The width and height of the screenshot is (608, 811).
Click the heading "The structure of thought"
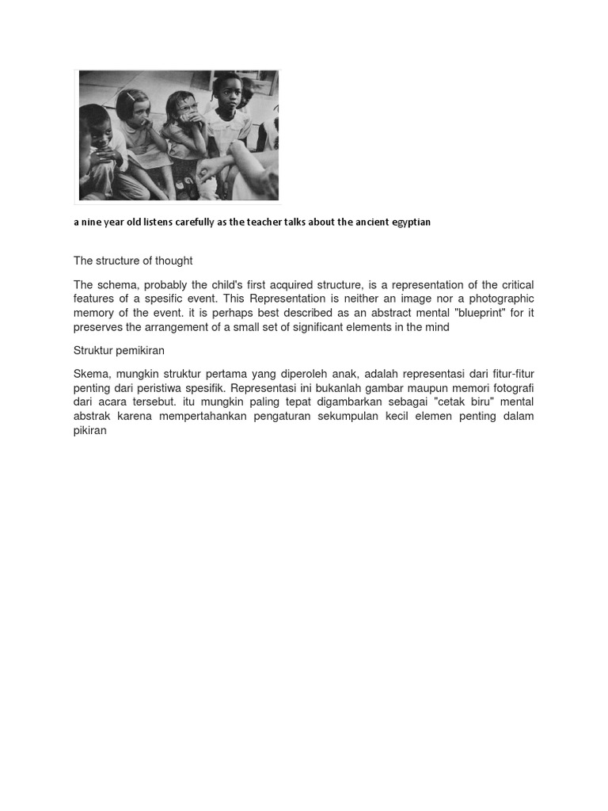click(133, 261)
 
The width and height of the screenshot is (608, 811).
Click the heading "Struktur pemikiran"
click(119, 350)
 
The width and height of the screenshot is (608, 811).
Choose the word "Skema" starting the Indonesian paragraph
click(91, 374)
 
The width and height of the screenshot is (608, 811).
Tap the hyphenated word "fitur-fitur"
click(507, 374)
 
